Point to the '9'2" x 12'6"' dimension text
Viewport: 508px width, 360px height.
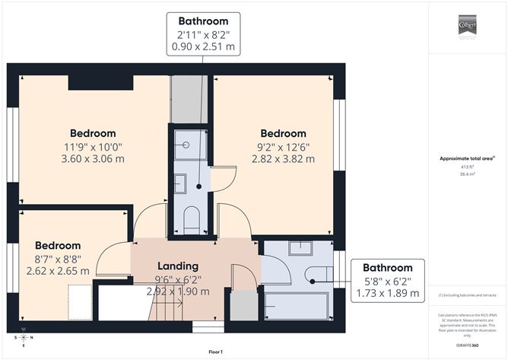pyautogui.click(x=283, y=147)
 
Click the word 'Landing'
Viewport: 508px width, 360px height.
pyautogui.click(x=177, y=266)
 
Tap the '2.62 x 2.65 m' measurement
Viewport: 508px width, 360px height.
pyautogui.click(x=58, y=270)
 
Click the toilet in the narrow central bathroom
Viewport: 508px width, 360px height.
pyautogui.click(x=192, y=218)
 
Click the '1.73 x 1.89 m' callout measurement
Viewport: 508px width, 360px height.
pyautogui.click(x=387, y=293)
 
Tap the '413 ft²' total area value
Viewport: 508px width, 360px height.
pyautogui.click(x=467, y=166)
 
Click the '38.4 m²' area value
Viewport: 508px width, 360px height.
pyautogui.click(x=467, y=174)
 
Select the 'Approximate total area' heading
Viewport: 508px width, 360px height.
pyautogui.click(x=467, y=158)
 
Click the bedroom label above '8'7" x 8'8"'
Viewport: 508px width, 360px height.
pyautogui.click(x=58, y=246)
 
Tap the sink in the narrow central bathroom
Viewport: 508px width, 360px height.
pyautogui.click(x=181, y=183)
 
